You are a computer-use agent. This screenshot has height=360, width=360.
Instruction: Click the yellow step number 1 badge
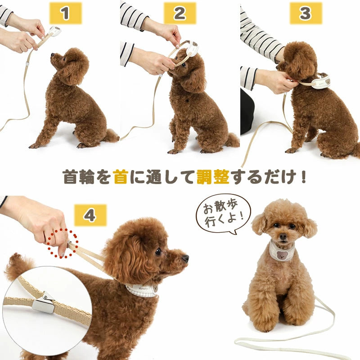[x=65, y=13]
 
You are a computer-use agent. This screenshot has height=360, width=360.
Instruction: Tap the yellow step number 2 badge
[x=180, y=13]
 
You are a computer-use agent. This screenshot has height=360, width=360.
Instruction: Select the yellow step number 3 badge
[x=306, y=13]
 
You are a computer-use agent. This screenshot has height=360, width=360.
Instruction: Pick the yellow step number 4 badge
[x=90, y=215]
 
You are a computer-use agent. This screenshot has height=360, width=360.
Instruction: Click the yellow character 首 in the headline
[x=121, y=177]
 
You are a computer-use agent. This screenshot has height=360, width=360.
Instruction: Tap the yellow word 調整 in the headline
[x=213, y=177]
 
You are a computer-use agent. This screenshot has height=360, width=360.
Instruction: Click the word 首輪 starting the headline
[x=79, y=177]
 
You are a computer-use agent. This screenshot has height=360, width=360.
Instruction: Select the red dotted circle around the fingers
[x=63, y=243]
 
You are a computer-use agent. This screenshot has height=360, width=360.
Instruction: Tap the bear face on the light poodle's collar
[x=282, y=255]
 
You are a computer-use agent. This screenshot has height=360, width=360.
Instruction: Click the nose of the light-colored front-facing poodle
[x=283, y=237]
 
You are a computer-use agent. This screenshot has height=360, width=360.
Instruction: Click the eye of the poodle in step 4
[x=158, y=252]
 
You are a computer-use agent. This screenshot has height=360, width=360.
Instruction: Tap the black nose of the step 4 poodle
[x=186, y=258]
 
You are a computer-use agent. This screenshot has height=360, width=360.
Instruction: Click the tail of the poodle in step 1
[x=111, y=136]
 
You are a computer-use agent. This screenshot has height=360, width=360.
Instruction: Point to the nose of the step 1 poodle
[x=52, y=55]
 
